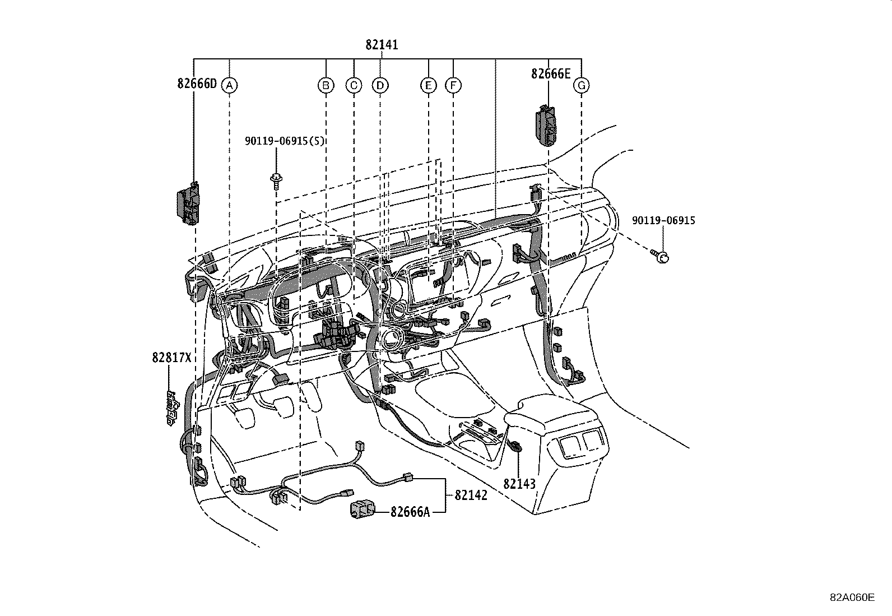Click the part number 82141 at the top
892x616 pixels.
[382, 45]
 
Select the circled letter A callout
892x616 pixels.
[229, 85]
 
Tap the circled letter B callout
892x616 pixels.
[326, 85]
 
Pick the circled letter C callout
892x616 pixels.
[354, 85]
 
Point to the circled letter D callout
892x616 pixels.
[380, 85]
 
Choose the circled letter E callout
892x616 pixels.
[428, 85]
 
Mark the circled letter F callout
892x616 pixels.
[453, 85]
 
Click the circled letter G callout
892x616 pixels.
[582, 85]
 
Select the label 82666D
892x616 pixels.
[197, 84]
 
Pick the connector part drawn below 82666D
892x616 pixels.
[188, 204]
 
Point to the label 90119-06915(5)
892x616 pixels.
[285, 141]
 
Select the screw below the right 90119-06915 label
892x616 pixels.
[661, 257]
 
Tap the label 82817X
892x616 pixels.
[171, 357]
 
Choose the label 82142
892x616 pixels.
[471, 495]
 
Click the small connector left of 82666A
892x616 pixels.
[363, 510]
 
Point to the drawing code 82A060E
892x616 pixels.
[852, 598]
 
